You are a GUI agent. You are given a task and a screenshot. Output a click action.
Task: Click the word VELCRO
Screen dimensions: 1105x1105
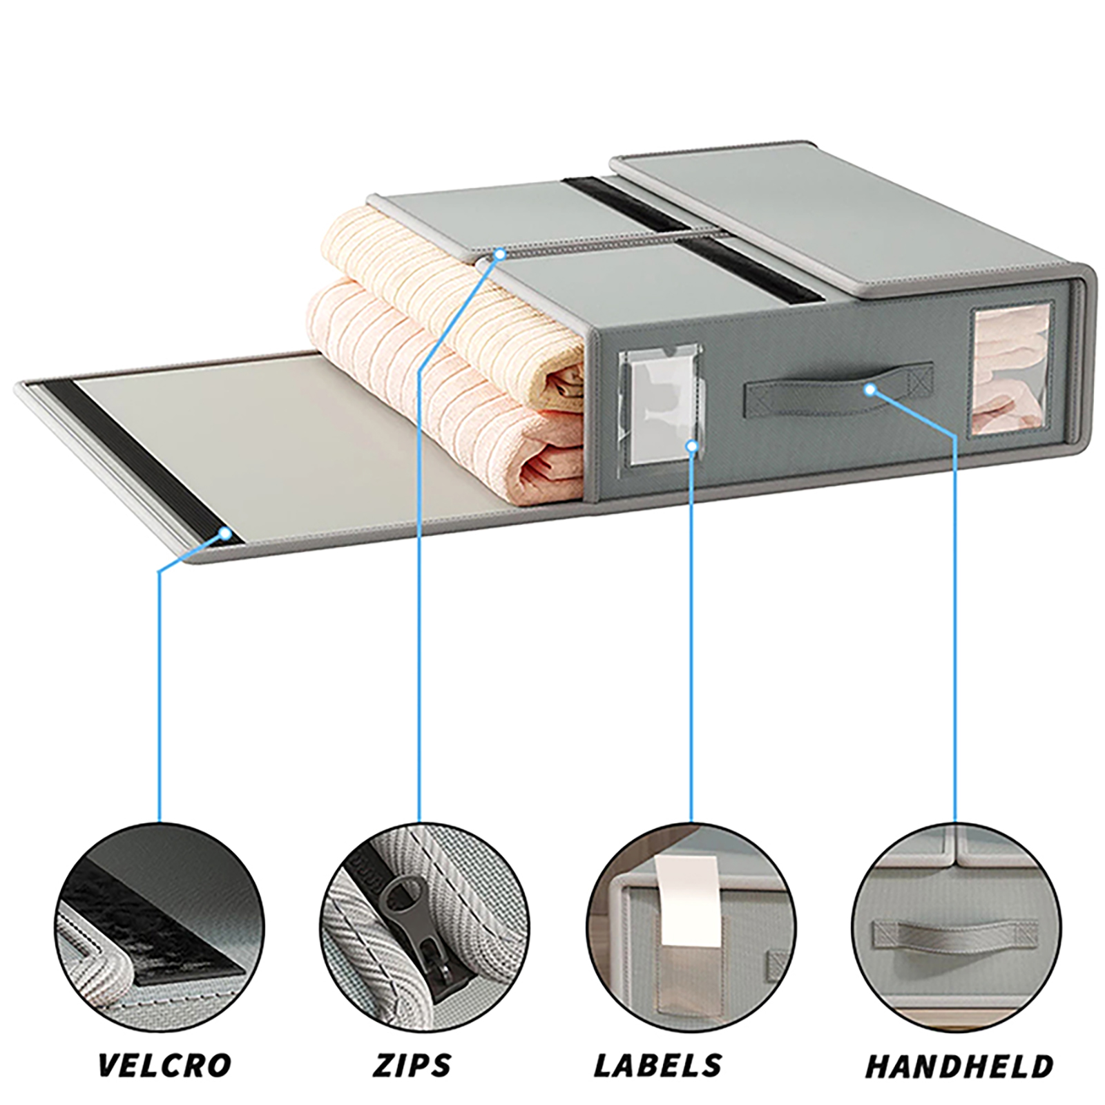[x=164, y=1064]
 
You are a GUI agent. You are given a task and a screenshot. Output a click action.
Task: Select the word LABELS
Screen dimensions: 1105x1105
[x=658, y=1064]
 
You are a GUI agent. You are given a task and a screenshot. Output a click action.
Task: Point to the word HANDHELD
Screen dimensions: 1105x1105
[x=959, y=1065]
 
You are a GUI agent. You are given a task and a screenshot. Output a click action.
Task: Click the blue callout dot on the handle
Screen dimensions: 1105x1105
[x=870, y=390]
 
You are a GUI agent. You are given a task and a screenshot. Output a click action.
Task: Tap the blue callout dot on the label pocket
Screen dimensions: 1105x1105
[x=691, y=446]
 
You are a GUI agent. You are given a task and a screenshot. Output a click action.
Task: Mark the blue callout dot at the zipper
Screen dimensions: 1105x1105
[x=499, y=255]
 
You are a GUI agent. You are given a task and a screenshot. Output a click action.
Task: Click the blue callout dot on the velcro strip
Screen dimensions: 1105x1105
[x=225, y=532]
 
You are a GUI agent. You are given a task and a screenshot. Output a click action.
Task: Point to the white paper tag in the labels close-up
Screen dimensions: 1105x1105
[x=682, y=901]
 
